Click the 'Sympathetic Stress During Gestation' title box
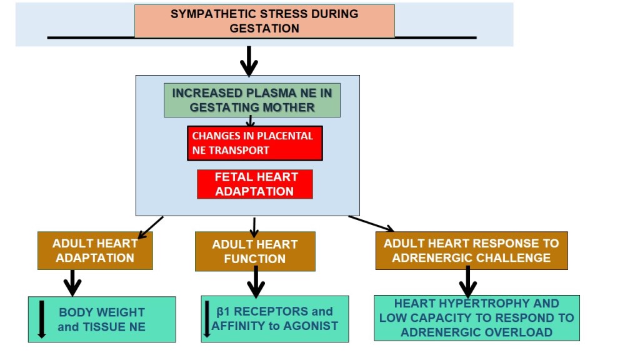tap(264, 21)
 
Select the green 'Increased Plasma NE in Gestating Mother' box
tap(252, 100)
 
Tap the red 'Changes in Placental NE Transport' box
tap(254, 143)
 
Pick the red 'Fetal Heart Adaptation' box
tap(254, 184)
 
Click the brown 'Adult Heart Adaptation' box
tap(95, 251)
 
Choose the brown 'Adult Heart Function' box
tap(255, 251)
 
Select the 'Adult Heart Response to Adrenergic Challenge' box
tap(471, 250)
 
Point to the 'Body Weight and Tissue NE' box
tap(102, 319)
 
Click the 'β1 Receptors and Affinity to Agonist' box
tap(275, 319)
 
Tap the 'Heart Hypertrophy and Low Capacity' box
tap(476, 317)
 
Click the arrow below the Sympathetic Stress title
tap(249, 61)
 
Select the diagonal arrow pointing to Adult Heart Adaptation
tap(150, 228)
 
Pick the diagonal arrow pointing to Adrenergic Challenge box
tap(371, 224)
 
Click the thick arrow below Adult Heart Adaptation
tap(72, 282)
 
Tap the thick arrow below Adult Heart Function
tap(256, 282)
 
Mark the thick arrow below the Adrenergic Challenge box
tap(468, 282)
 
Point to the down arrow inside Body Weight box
tap(42, 319)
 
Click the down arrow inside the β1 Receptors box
tap(207, 319)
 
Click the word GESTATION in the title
tap(264, 29)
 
